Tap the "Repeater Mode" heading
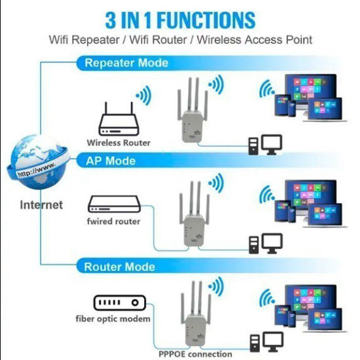click(x=127, y=63)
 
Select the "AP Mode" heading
click(x=111, y=161)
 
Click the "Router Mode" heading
click(x=119, y=267)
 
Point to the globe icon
click(x=38, y=161)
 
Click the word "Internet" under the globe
click(x=41, y=205)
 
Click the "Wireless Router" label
click(x=119, y=142)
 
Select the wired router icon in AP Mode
click(x=115, y=204)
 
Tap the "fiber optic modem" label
click(x=112, y=319)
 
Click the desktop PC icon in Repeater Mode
click(x=266, y=144)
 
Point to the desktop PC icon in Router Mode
click(x=266, y=342)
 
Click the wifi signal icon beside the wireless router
click(x=142, y=98)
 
